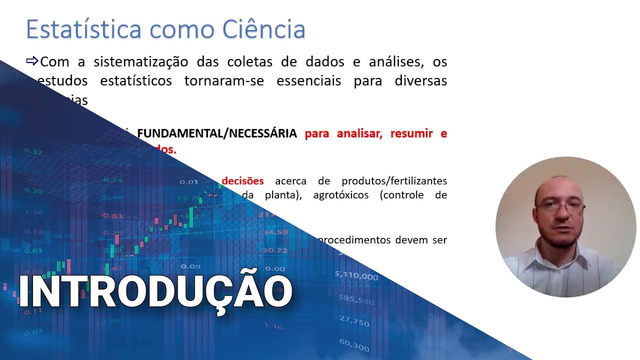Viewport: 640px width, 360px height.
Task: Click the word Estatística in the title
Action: (84, 29)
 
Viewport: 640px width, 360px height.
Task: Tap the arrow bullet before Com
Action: (32, 61)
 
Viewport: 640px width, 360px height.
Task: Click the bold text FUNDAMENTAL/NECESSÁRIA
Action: (217, 133)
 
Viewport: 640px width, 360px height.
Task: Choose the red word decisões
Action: (242, 180)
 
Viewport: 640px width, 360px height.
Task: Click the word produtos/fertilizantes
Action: (394, 180)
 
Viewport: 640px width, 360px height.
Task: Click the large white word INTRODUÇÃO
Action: (155, 291)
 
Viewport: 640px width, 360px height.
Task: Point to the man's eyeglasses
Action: (560, 206)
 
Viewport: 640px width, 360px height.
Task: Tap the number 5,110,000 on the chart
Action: (356, 275)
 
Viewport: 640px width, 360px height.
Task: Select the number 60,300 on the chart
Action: (353, 344)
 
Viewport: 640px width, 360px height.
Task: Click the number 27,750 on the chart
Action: (353, 321)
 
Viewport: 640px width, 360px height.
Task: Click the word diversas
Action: (420, 81)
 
